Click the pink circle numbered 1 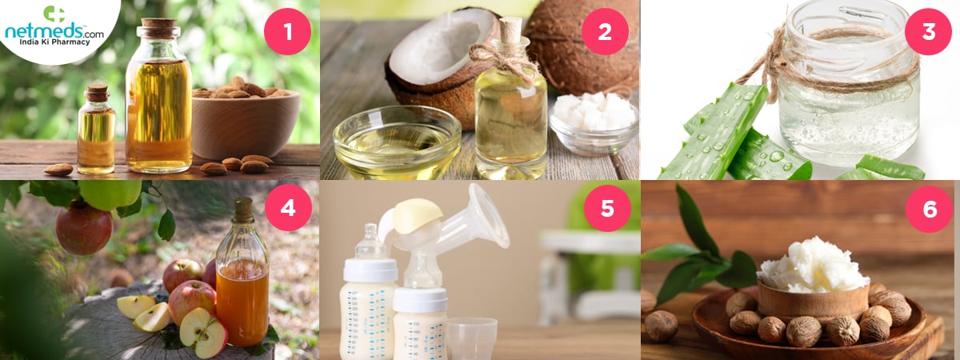pos(287,31)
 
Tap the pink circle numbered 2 pos(605,31)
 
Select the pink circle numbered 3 pos(928,31)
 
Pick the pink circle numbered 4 pos(287,208)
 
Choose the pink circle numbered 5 pos(607,208)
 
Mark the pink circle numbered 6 pos(929,209)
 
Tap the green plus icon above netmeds pos(54,14)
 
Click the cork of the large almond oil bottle pos(159,28)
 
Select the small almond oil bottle pos(96,130)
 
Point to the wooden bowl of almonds pos(246,124)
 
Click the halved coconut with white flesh pos(442,64)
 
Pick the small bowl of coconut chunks pos(594,124)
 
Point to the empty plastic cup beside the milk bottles pos(472,338)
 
